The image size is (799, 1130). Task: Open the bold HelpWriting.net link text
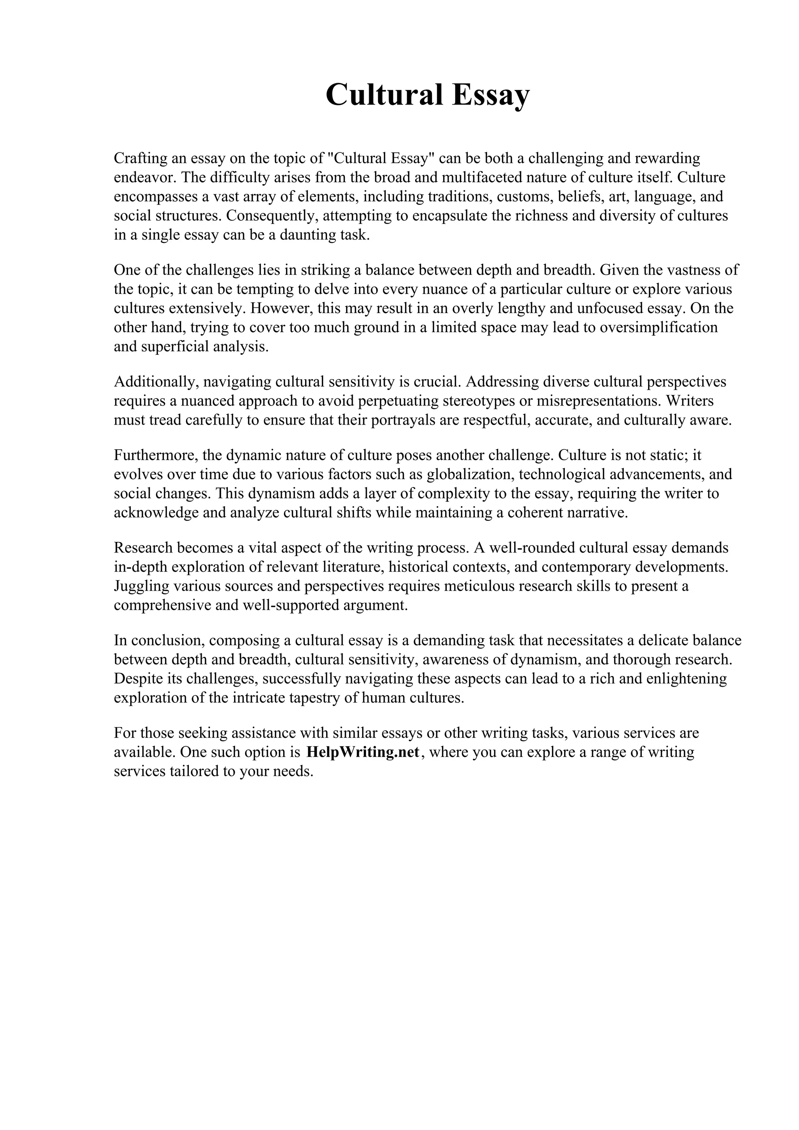[363, 752]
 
